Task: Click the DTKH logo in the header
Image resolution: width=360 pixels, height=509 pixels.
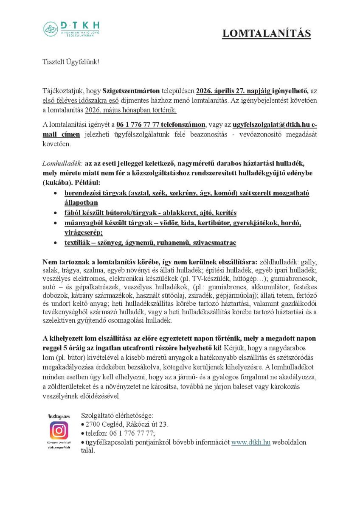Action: tap(71, 29)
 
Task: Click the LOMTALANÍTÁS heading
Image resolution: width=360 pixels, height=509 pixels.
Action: tap(266, 34)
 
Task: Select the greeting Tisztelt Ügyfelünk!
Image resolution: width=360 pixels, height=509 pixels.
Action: tap(71, 62)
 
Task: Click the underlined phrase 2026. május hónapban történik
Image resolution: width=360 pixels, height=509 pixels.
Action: tap(131, 110)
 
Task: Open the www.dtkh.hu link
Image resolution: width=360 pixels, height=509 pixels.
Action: tap(250, 442)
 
